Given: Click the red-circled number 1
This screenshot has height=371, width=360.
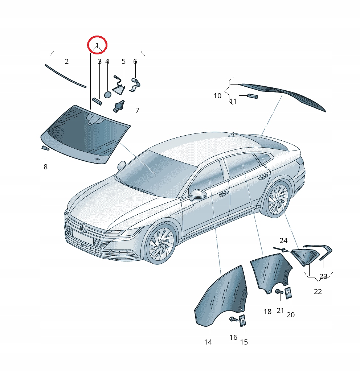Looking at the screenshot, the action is [x=97, y=45].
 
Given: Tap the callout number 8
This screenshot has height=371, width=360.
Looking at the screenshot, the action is [x=45, y=167].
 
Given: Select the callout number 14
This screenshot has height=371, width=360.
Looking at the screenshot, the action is [x=208, y=342].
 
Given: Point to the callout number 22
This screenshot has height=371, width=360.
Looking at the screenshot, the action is [x=318, y=292].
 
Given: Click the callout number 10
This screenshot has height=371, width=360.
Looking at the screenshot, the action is [x=217, y=96].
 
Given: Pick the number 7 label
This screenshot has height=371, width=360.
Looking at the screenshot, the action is [x=138, y=110].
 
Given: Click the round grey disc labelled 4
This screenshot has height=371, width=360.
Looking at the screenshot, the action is [x=107, y=95].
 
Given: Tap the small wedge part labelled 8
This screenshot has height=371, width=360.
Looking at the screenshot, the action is [x=45, y=148].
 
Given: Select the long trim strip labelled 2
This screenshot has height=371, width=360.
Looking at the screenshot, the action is [x=65, y=76].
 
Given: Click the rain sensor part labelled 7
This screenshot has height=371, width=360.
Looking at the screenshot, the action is [x=119, y=106].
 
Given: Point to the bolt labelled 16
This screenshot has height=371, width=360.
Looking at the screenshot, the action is [x=233, y=320].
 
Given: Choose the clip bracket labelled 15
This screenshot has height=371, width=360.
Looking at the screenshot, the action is [x=242, y=321].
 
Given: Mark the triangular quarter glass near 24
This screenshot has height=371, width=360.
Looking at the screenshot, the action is [x=305, y=257].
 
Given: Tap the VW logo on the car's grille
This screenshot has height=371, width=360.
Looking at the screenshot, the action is [x=83, y=228].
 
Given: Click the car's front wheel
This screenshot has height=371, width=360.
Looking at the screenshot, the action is [x=160, y=244].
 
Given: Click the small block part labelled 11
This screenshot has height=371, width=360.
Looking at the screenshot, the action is [x=253, y=96].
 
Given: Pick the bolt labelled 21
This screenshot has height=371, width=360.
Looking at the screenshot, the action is [x=279, y=292].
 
